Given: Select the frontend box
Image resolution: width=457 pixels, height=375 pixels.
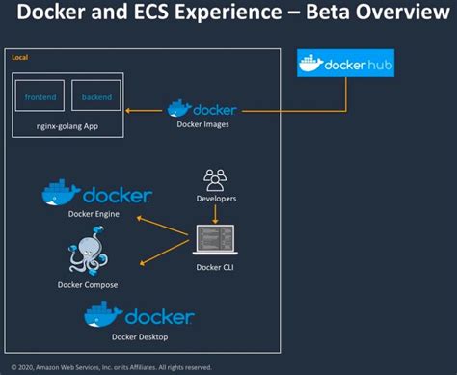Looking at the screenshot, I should pyautogui.click(x=40, y=96).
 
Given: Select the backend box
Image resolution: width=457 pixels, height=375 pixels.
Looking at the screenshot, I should pyautogui.click(x=96, y=96).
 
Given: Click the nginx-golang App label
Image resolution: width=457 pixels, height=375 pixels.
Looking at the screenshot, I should pyautogui.click(x=67, y=125).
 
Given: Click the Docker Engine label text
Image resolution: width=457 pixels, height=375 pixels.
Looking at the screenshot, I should pyautogui.click(x=94, y=214).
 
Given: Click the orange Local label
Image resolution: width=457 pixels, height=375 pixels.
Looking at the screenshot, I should pyautogui.click(x=19, y=59).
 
